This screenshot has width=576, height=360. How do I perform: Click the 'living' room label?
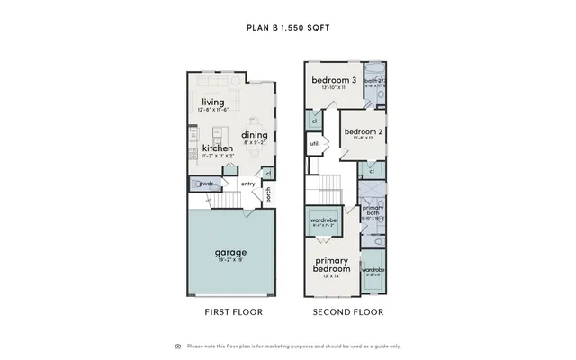click(x=213, y=102)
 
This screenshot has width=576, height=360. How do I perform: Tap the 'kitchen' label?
click(x=218, y=148)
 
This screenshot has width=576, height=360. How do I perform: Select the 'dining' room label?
click(x=254, y=135)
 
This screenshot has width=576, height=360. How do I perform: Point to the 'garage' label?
click(x=231, y=252)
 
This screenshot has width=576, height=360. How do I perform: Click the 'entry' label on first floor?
click(x=247, y=184)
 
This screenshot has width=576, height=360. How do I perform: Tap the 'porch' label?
click(x=268, y=193)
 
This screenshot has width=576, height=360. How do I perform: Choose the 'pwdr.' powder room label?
click(x=206, y=184)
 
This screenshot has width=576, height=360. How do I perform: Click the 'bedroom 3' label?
click(x=334, y=81)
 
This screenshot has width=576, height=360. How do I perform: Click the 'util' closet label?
click(x=314, y=143)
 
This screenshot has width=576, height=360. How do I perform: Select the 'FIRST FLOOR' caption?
click(x=232, y=312)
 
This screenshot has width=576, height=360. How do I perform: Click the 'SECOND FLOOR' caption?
click(x=347, y=312)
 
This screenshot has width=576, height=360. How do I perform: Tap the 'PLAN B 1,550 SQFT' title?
click(x=288, y=28)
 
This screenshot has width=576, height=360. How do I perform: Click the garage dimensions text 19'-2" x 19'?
click(x=231, y=261)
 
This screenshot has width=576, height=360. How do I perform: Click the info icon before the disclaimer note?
click(x=177, y=346)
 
